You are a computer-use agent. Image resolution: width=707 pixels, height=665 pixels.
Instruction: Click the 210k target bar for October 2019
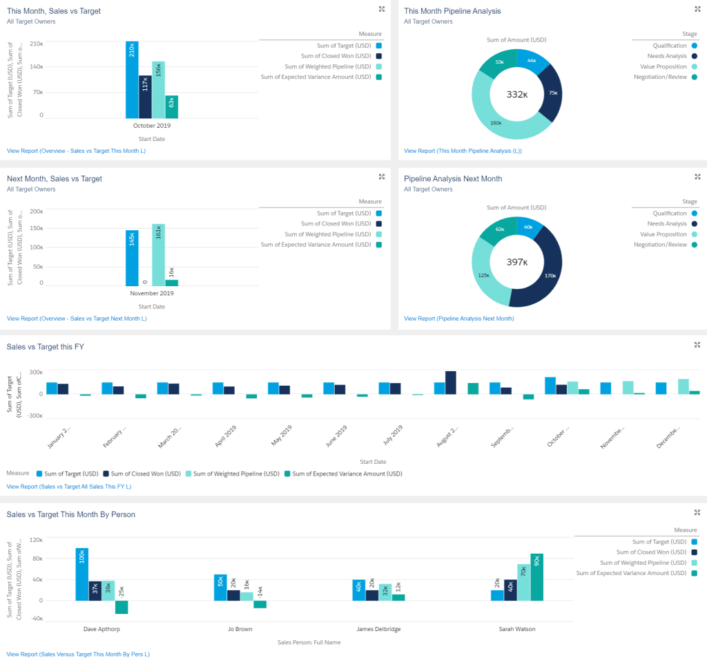tap(132, 79)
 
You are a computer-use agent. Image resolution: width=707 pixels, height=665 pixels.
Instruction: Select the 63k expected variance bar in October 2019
tap(171, 106)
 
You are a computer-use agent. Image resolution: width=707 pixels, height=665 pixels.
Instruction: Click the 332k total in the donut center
tap(516, 94)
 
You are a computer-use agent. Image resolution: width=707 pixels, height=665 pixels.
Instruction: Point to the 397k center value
tap(516, 262)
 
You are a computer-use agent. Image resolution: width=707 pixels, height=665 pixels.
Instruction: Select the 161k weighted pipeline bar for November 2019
tap(158, 254)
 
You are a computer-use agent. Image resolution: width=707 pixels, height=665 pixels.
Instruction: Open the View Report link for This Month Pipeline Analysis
tap(463, 151)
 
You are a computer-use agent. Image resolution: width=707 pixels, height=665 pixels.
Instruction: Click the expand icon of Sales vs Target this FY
tap(697, 344)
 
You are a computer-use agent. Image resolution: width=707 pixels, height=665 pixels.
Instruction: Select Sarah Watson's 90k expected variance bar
tap(536, 577)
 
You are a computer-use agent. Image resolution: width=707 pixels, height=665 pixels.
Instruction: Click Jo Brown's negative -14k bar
tap(260, 604)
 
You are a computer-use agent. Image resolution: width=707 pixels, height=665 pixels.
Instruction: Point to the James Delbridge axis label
tap(378, 629)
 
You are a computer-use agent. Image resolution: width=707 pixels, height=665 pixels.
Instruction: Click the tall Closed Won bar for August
tap(451, 382)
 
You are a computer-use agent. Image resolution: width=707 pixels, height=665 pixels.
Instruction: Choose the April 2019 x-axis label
tap(226, 438)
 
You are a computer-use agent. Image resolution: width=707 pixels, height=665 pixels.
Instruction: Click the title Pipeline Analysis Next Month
tap(453, 178)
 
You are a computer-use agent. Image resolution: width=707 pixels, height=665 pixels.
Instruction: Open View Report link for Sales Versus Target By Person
tap(78, 653)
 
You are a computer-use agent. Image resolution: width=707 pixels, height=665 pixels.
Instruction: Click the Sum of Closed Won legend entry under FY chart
tap(142, 474)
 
